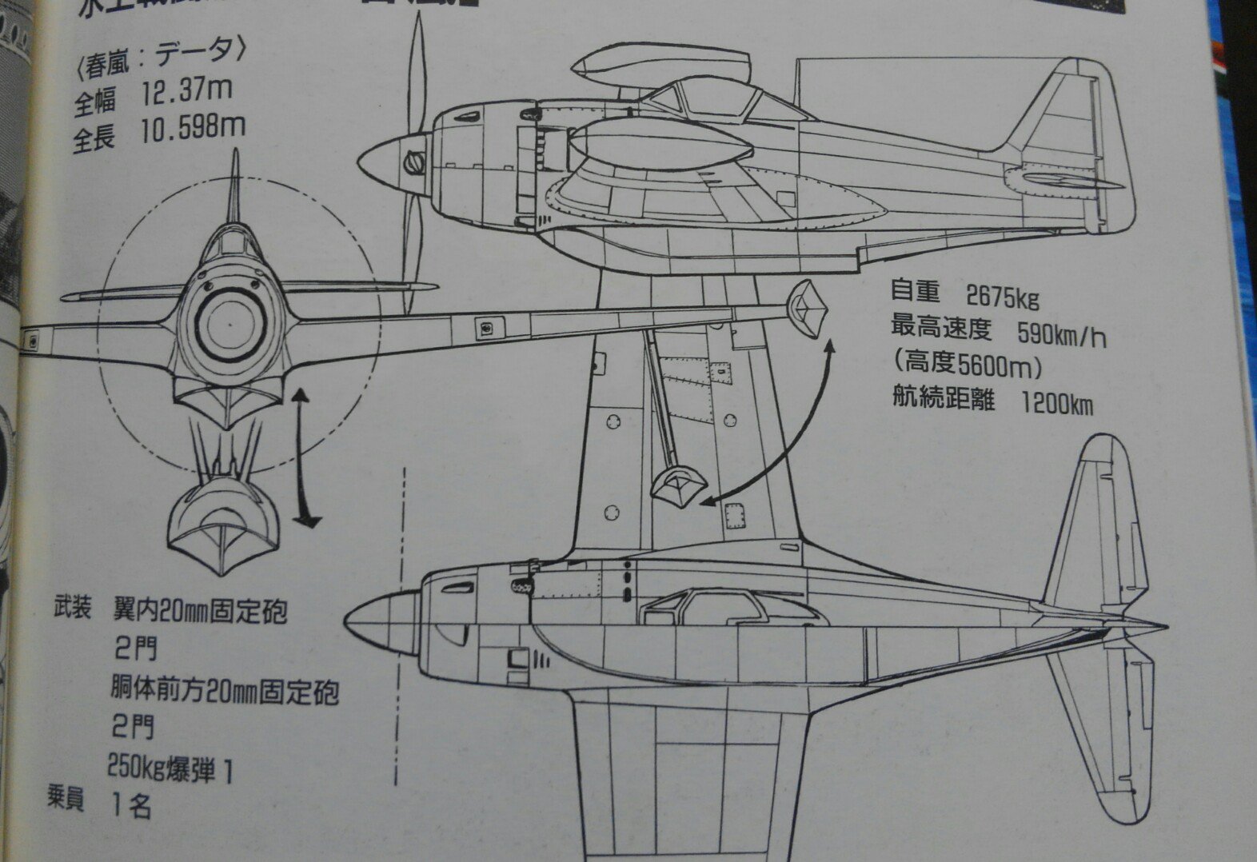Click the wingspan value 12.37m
pyautogui.click(x=186, y=91)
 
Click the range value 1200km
pyautogui.click(x=1057, y=404)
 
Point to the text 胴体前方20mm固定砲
pyautogui.click(x=223, y=689)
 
